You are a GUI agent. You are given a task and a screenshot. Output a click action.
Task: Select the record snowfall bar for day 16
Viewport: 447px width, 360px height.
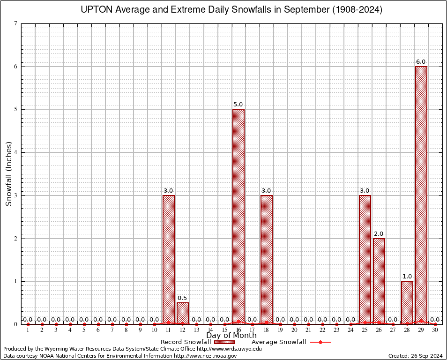coord(238,216)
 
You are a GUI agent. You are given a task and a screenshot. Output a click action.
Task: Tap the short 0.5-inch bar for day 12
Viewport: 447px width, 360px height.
coord(182,313)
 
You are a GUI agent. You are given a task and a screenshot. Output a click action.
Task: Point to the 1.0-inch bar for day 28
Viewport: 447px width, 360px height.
coord(407,302)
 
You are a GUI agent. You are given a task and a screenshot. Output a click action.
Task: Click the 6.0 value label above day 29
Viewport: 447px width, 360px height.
coord(421,62)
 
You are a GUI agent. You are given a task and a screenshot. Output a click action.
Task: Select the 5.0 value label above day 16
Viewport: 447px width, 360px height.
coord(238,105)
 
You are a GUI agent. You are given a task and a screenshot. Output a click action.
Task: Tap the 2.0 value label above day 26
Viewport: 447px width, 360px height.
coord(379,234)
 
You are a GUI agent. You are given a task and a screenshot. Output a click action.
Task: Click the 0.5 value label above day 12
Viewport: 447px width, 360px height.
coord(182,298)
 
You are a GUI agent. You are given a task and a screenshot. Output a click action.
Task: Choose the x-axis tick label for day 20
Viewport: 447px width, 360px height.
coord(294,330)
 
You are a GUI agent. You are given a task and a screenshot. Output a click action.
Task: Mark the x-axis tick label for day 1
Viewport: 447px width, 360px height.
coord(28,330)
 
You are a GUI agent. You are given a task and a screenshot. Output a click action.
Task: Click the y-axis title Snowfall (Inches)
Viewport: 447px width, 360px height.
coord(8,173)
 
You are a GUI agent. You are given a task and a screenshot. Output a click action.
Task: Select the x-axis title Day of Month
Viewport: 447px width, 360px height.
coord(231,336)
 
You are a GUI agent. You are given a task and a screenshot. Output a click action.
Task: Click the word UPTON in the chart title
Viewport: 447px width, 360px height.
coord(97,10)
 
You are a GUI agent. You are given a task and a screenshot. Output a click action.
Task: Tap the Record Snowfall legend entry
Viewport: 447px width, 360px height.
coord(186,342)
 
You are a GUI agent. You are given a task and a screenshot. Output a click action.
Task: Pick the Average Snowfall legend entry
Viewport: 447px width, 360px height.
coord(278,342)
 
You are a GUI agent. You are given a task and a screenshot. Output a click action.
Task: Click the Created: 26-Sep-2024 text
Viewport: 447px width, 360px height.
coord(415,356)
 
